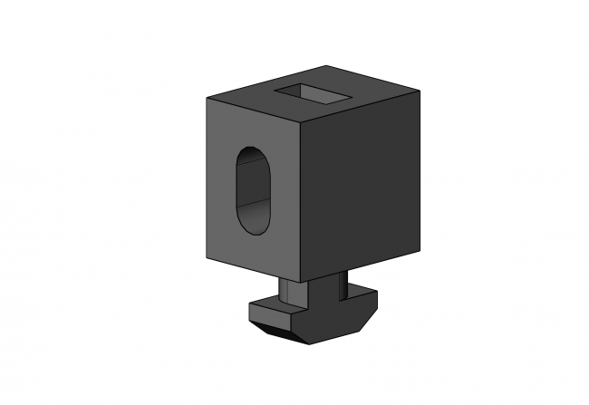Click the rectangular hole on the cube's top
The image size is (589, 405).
[314, 92]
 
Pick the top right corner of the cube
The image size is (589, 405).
[420, 91]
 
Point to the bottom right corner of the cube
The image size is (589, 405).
[419, 246]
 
